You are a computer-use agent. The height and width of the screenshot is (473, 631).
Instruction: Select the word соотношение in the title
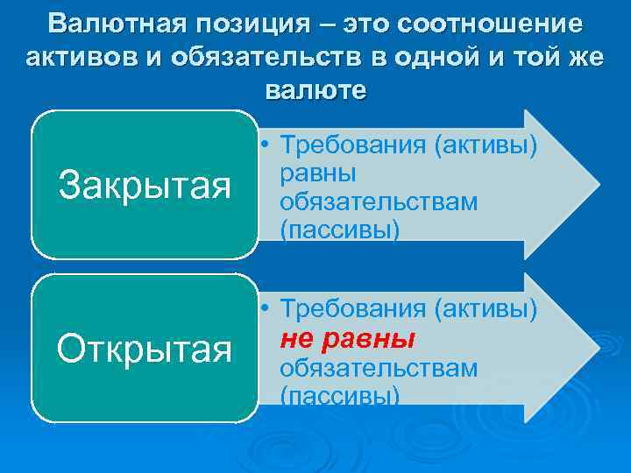tap(490, 24)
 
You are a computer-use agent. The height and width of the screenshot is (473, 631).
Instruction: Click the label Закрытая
tap(145, 186)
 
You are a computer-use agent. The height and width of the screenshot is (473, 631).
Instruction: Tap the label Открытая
tap(145, 349)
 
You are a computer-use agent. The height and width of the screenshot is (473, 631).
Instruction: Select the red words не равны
tap(347, 339)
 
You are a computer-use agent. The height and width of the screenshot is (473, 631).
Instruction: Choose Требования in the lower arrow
tap(352, 309)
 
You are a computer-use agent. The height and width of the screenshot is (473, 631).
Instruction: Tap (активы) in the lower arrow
tap(486, 309)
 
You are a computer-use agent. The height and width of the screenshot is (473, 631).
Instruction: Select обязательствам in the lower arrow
tap(379, 367)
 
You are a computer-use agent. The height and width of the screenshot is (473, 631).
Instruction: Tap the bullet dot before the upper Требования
tap(265, 145)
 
